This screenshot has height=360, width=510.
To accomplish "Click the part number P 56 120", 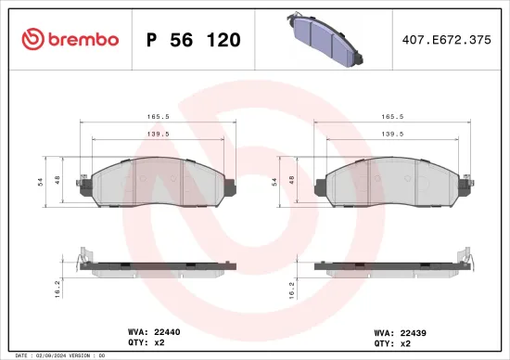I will (x=194, y=40).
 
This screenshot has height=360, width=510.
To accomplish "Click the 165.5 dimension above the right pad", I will (x=393, y=118).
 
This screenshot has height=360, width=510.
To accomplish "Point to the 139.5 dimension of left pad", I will (x=158, y=134).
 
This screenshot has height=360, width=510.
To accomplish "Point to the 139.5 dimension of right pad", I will (x=393, y=134).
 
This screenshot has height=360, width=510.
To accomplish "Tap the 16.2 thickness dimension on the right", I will (x=294, y=288).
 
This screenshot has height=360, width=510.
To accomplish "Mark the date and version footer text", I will (x=58, y=355).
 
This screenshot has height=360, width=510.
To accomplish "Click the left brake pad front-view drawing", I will (x=158, y=185).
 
